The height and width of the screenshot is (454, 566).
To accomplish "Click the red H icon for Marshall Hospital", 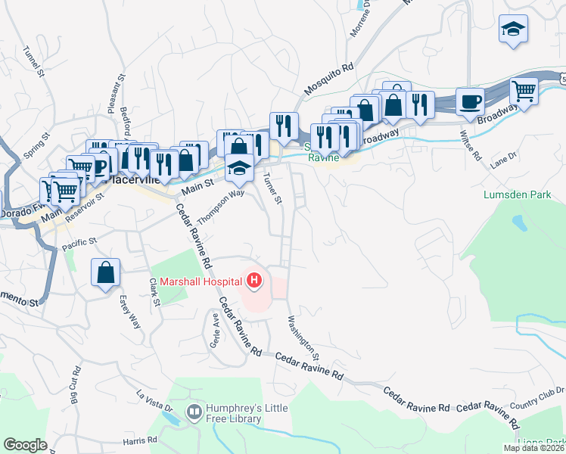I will [x=254, y=283].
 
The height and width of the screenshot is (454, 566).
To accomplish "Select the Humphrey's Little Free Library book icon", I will [x=194, y=412].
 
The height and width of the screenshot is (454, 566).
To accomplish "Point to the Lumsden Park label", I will [x=517, y=195].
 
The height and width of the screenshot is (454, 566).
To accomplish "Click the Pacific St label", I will [x=80, y=244].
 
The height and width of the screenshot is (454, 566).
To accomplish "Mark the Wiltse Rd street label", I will [x=470, y=145].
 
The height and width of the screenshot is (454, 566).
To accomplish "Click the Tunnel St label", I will [x=33, y=61].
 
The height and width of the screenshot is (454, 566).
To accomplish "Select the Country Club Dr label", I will [x=537, y=396].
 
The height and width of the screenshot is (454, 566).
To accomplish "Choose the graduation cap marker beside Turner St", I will [x=240, y=169].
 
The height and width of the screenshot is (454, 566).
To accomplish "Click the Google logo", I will [x=25, y=445].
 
